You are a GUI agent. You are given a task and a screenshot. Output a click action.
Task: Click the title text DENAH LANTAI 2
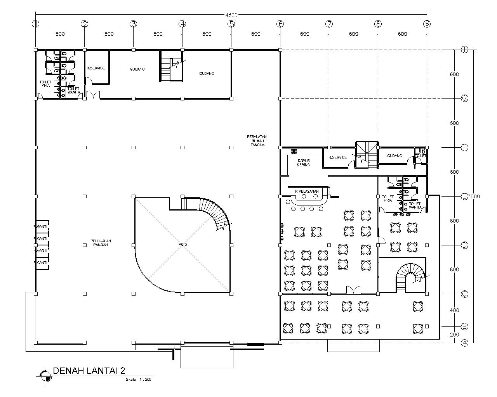89,370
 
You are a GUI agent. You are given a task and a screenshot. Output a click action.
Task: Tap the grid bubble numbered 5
231,24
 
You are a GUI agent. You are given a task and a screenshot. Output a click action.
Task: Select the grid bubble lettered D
464,245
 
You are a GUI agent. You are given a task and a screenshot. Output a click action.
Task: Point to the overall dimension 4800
231,15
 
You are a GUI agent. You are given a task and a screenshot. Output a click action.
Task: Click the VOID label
182,245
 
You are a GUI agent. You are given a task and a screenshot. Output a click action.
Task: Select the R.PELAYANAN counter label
307,191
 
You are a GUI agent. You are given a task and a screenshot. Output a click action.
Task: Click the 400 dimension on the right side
454,310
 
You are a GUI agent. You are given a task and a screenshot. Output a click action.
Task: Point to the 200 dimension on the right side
454,335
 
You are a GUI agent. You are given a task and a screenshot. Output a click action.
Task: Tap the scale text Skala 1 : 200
138,380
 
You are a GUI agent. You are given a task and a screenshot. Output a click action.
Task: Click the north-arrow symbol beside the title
45,375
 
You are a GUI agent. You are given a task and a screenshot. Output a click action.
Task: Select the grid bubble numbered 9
427,24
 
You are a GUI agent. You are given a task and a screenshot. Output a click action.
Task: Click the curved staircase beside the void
216,213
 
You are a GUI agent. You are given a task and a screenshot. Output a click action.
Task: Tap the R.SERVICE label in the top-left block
96,68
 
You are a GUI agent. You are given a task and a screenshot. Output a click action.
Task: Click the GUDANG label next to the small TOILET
394,155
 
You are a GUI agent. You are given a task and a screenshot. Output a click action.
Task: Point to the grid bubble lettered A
464,343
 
